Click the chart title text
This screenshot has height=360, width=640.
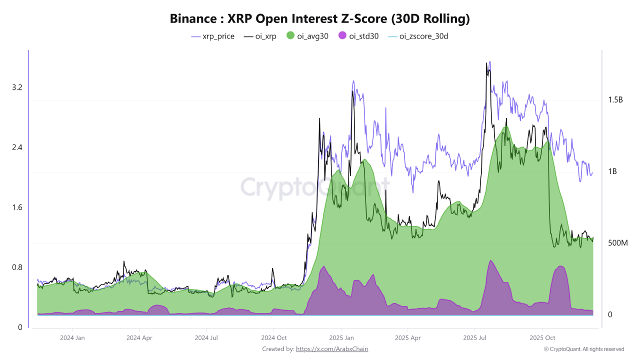(x=320, y=19)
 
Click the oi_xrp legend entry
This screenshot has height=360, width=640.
(x=260, y=36)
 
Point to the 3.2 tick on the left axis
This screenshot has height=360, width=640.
(x=17, y=87)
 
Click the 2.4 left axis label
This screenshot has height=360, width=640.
(x=17, y=147)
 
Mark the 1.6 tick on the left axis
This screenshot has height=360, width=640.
(x=17, y=207)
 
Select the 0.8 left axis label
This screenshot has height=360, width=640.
(x=17, y=267)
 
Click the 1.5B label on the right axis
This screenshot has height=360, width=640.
(x=615, y=100)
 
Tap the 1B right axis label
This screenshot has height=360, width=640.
(x=612, y=171)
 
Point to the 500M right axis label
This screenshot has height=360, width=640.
(x=617, y=243)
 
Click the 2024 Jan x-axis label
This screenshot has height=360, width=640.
(x=72, y=337)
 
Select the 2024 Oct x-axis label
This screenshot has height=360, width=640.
(x=274, y=337)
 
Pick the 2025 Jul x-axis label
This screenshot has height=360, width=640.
(x=475, y=337)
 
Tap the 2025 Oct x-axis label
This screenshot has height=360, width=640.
(x=543, y=337)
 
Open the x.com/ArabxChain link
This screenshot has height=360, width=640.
(x=332, y=349)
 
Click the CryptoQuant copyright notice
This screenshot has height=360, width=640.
(x=584, y=349)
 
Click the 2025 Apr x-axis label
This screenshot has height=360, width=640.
(x=408, y=337)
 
